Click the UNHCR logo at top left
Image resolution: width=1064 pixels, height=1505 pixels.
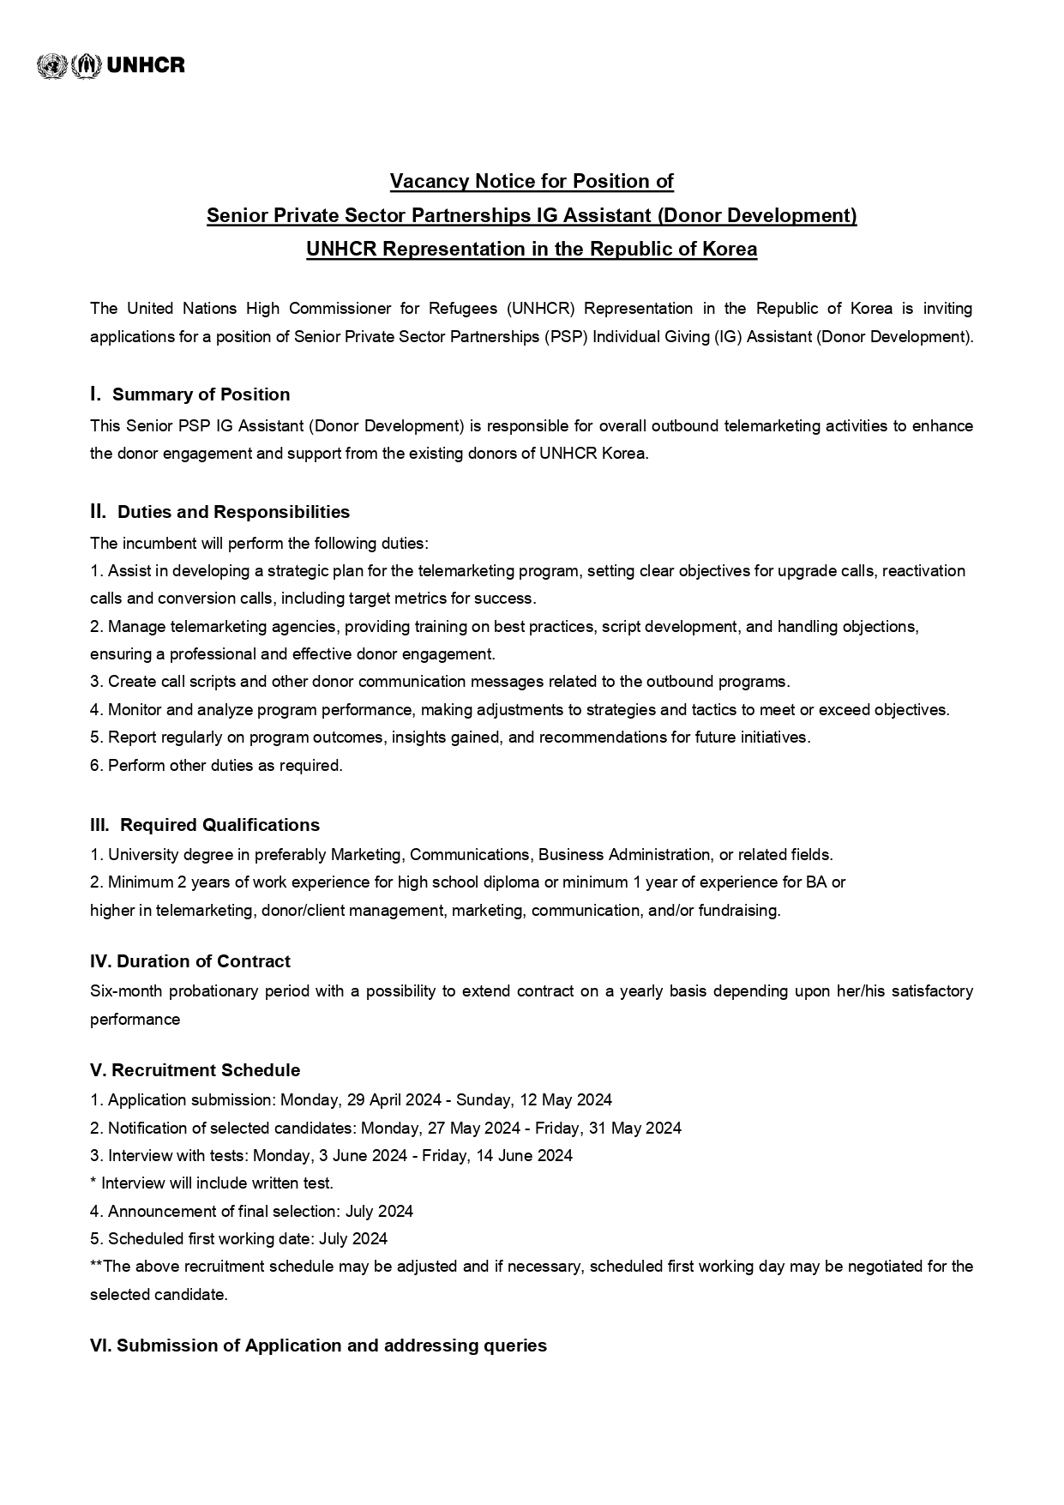(x=111, y=65)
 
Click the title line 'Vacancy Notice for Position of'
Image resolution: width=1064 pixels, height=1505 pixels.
(x=532, y=182)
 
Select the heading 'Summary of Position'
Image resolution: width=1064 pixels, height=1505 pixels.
(x=201, y=394)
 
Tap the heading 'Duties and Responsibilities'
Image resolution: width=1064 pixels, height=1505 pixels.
(x=233, y=512)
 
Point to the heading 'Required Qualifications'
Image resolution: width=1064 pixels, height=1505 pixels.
(x=219, y=825)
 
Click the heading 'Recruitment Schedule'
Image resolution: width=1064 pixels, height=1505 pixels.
(x=206, y=1070)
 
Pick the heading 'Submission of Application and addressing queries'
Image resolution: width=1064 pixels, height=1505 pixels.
(x=331, y=1345)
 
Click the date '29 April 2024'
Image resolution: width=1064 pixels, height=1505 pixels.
(x=395, y=1100)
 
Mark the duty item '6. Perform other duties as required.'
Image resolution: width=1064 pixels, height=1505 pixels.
(x=216, y=766)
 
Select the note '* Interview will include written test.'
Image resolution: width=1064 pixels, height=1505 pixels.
(x=212, y=1183)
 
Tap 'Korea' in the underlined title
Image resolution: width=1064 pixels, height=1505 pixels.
(x=730, y=250)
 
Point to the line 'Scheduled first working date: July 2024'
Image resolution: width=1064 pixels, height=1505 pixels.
(x=247, y=1239)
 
